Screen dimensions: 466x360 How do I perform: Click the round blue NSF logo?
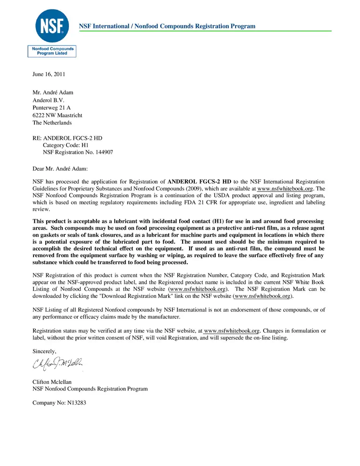point(52,26)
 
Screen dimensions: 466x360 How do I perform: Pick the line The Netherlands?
point(52,123)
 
